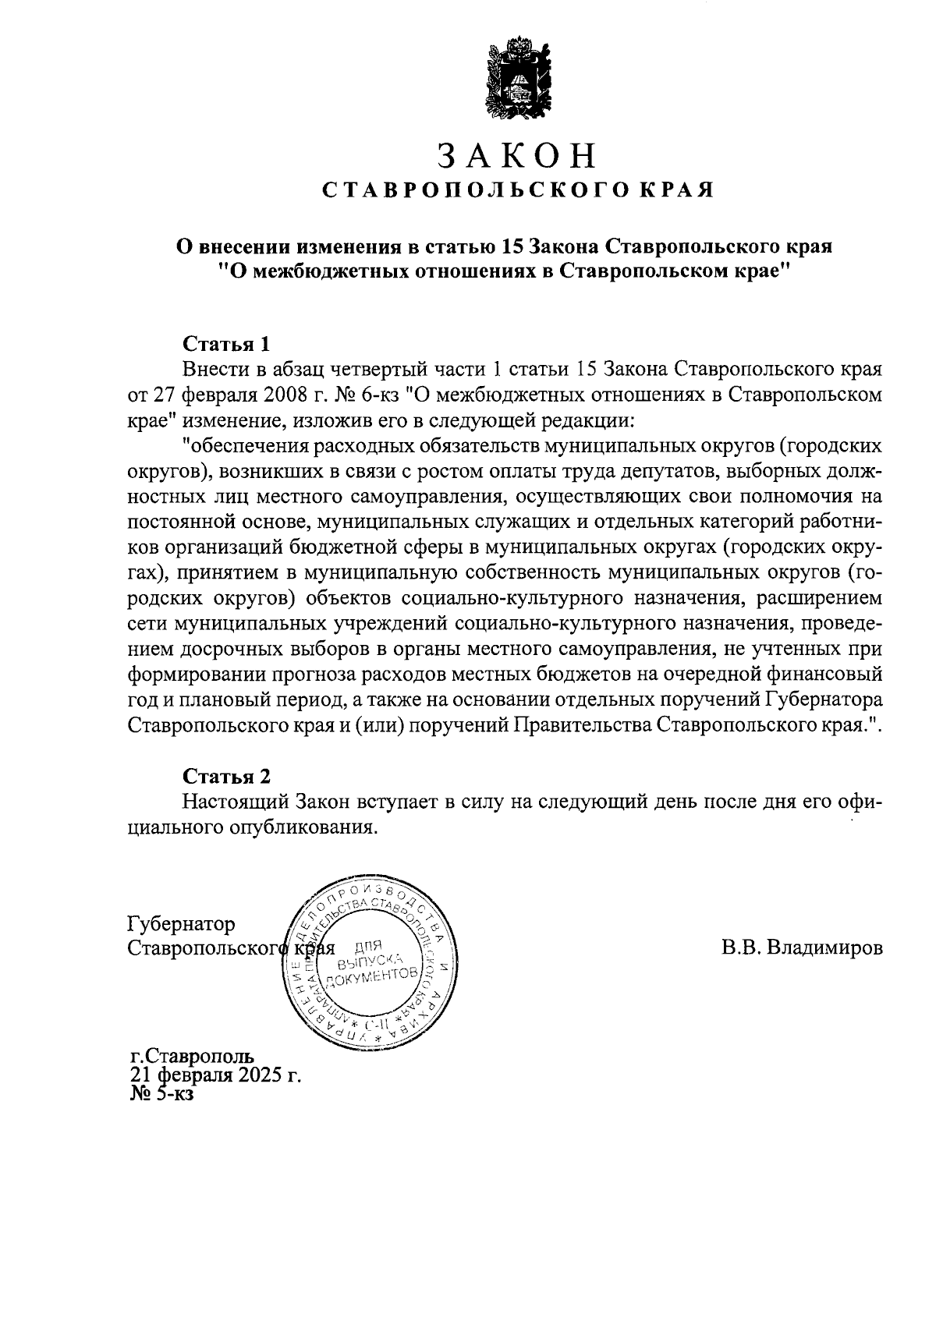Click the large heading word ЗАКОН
517,155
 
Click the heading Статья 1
225,344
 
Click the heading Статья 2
225,776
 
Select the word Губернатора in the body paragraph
824,699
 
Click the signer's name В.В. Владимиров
803,948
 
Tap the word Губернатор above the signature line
181,924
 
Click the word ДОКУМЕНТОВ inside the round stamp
367,977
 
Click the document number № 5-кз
162,1093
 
